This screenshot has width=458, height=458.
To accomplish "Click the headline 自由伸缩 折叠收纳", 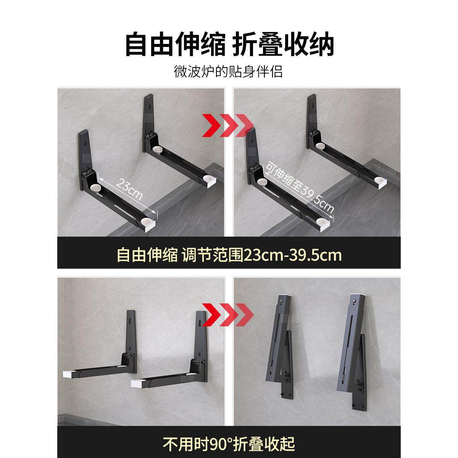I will tap(229, 45).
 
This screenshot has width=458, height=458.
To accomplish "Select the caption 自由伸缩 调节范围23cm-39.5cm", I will tap(229, 255).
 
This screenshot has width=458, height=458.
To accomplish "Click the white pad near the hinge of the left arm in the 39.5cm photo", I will tap(262, 182).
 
